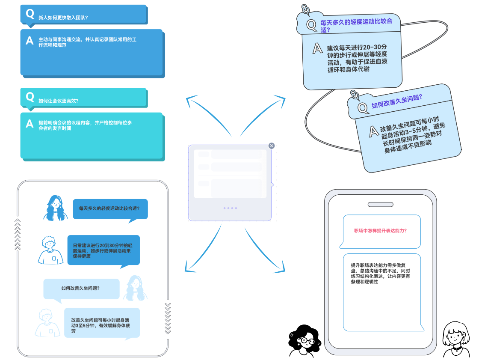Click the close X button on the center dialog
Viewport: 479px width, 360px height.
click(272, 146)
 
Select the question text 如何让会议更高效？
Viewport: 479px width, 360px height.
click(58, 101)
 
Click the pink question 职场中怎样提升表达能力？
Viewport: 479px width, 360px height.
click(381, 231)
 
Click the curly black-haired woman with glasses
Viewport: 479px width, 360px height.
click(305, 341)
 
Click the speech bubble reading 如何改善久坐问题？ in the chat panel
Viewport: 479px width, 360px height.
click(81, 289)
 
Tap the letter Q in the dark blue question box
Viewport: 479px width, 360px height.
click(30, 14)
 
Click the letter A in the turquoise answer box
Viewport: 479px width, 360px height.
click(30, 124)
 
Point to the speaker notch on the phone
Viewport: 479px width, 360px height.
click(380, 204)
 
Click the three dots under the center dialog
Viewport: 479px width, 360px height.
click(230, 208)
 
